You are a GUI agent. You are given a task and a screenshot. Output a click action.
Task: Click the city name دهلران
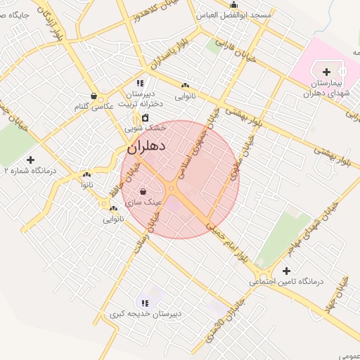(x=146, y=147)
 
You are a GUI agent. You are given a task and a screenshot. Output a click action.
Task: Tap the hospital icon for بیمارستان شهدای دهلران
(x=326, y=72)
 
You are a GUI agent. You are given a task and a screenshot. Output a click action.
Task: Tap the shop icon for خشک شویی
(x=146, y=118)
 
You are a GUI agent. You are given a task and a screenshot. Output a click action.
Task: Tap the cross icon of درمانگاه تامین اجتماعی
(x=286, y=271)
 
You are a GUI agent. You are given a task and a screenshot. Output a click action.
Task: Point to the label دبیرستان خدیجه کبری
(x=146, y=314)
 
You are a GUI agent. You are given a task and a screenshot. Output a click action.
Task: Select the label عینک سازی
(x=143, y=202)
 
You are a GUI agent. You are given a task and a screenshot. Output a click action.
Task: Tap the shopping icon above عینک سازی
(x=143, y=191)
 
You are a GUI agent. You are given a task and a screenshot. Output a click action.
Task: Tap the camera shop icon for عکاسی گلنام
(x=94, y=96)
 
